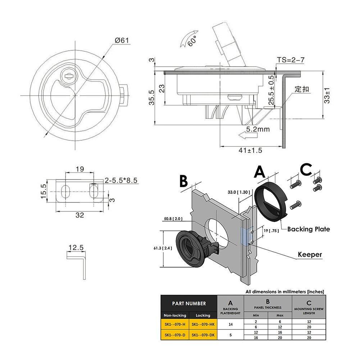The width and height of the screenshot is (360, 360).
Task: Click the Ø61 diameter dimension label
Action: pos(122,41)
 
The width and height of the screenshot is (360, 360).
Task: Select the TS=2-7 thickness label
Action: pos(291,60)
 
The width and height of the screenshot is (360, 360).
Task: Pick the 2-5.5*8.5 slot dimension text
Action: pos(122,181)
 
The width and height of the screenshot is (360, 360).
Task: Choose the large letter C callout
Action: pos(306,170)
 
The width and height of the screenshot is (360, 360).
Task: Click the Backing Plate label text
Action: pos(308,229)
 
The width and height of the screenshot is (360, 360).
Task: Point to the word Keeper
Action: pos(310,255)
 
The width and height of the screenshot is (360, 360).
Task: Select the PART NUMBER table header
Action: pos(188,303)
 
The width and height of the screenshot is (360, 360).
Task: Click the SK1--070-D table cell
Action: pos(175,335)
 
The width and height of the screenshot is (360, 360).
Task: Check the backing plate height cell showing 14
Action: pos(231,325)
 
